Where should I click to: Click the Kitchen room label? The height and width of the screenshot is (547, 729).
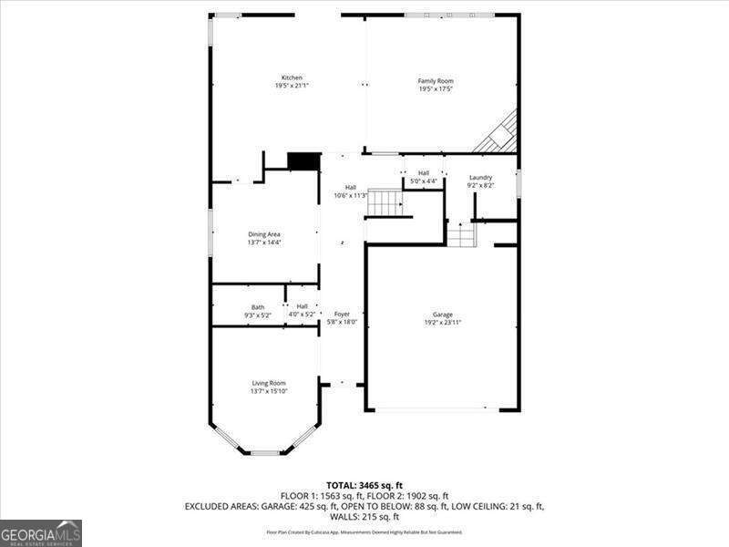point(292,77)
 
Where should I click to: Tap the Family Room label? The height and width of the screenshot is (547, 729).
point(436,81)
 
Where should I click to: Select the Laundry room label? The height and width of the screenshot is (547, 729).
point(480,177)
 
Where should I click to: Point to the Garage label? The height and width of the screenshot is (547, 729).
point(443,315)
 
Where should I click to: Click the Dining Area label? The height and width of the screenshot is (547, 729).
point(264,234)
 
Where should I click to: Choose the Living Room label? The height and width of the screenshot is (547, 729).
point(269,383)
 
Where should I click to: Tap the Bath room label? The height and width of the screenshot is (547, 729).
point(258,307)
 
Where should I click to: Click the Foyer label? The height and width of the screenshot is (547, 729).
point(342,315)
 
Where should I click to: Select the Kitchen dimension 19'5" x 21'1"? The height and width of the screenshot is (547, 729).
point(292,86)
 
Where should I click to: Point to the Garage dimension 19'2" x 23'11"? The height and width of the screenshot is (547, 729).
point(443,323)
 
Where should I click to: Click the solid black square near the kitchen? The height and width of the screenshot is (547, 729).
point(302,161)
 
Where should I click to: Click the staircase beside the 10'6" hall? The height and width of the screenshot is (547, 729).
point(385,202)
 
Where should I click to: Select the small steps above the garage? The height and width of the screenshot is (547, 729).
point(461,235)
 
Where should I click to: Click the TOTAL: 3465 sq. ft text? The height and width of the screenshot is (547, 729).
point(364,484)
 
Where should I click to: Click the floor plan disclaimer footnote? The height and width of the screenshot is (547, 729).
point(364,532)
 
